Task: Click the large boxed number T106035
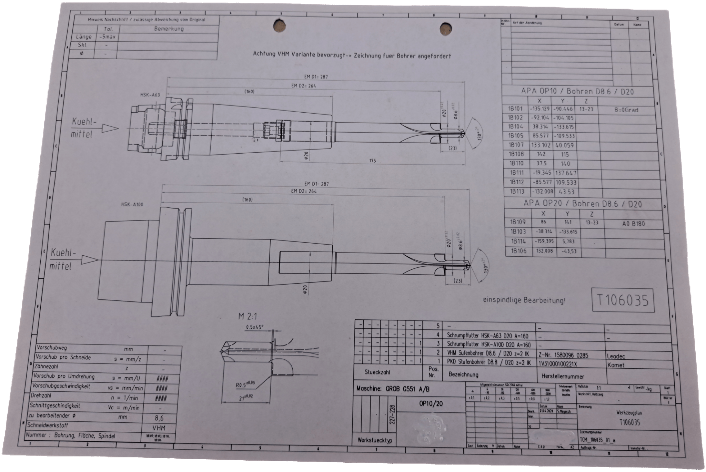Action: click(622, 300)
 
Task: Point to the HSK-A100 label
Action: click(132, 204)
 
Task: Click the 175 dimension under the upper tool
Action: click(372, 161)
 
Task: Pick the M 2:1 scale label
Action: click(248, 316)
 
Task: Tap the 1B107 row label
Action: click(516, 145)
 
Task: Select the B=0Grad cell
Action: click(626, 110)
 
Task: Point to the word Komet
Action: click(616, 365)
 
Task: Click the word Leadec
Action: click(617, 357)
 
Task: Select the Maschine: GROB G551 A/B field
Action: click(393, 390)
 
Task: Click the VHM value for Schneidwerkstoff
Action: click(159, 428)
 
